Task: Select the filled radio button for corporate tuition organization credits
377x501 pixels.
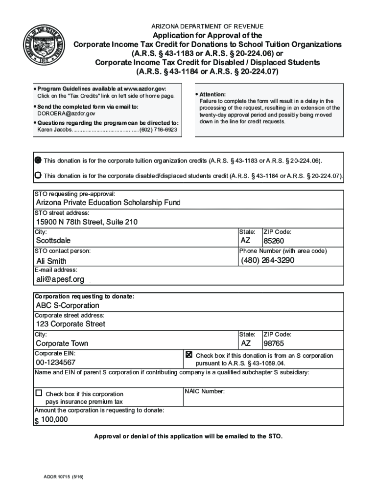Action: point(38,160)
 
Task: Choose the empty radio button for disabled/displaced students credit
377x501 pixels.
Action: point(38,175)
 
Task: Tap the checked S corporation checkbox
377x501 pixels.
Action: point(189,355)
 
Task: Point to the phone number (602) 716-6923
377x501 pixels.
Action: point(159,130)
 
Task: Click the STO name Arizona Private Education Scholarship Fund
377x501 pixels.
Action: point(108,203)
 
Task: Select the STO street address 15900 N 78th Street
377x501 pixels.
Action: point(87,222)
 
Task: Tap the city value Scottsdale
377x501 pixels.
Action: point(53,241)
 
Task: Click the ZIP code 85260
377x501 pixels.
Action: point(274,241)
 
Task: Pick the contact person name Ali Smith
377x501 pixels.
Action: point(51,261)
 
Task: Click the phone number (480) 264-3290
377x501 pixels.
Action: point(267,260)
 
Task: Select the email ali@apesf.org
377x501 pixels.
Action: point(60,279)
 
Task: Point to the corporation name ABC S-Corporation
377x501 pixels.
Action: point(68,306)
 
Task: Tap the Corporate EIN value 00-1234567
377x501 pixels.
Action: point(56,363)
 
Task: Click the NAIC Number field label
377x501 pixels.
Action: point(205,391)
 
